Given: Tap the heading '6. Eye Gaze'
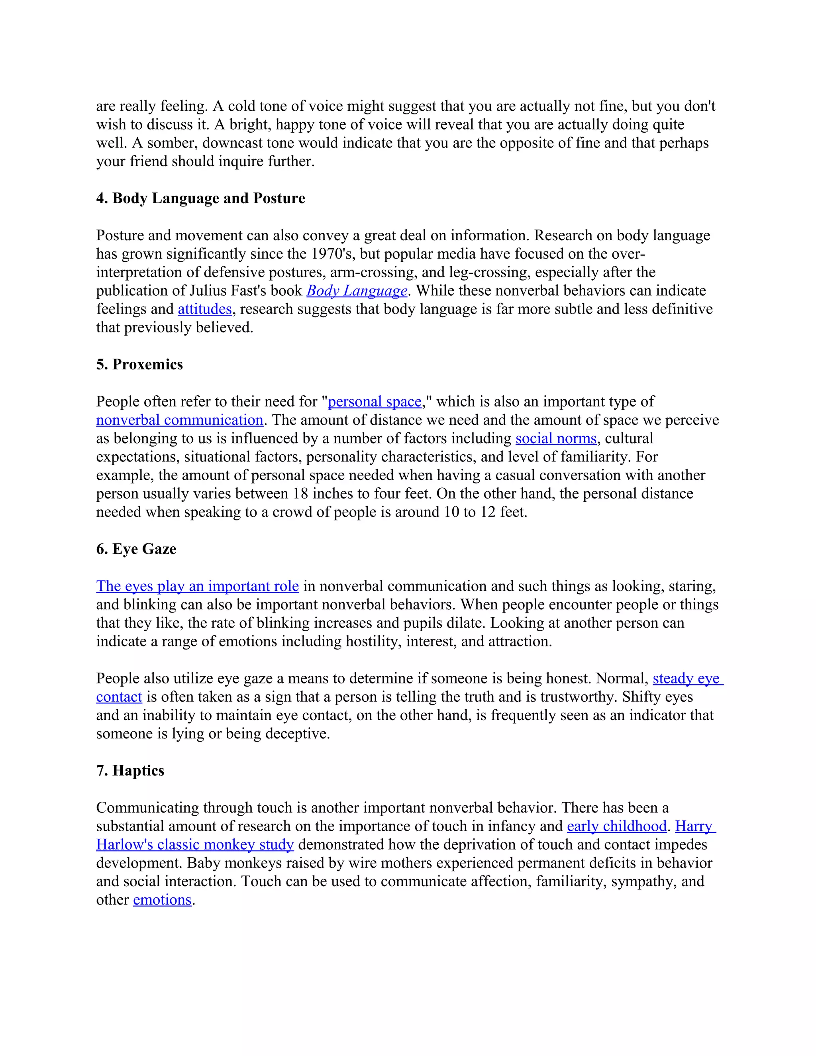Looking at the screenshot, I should (x=136, y=549).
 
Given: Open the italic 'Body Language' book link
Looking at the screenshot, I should (x=357, y=290).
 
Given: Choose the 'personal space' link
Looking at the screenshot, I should (x=375, y=401).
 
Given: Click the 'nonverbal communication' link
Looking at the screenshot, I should (x=179, y=420).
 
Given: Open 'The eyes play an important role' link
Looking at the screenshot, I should (x=197, y=586).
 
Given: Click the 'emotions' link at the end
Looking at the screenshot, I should (x=163, y=900).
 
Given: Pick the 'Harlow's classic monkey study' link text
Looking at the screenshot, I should (x=195, y=845).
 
